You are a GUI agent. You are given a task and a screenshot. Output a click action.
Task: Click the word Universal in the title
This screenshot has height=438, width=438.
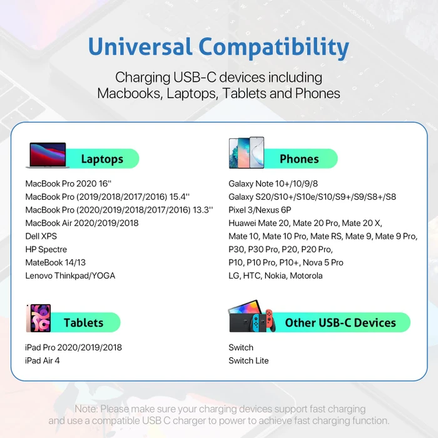[140, 46]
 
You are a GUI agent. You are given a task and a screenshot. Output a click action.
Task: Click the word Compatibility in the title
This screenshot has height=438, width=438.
[274, 48]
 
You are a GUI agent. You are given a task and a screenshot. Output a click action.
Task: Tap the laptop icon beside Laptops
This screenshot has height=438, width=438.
[48, 155]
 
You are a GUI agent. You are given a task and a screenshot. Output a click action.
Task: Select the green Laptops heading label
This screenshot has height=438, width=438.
[102, 159]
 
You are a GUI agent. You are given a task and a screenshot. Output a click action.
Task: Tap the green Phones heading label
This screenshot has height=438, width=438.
[299, 159]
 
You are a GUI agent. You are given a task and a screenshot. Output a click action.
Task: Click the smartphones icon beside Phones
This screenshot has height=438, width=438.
[247, 153]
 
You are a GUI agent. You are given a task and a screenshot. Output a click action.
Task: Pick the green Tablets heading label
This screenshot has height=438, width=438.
[83, 322]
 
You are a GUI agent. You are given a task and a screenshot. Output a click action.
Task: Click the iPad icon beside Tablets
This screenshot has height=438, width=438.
[39, 318]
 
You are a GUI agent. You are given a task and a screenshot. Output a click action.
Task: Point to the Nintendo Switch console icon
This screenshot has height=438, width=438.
[252, 316]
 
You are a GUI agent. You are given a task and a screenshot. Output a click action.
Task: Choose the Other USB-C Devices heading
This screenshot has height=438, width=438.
[340, 323]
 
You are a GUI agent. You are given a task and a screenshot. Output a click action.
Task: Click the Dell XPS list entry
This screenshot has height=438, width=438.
[41, 237]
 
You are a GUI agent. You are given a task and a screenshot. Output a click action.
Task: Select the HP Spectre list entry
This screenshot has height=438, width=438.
[46, 250]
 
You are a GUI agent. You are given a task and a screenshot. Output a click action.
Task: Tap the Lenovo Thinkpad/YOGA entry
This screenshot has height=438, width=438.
[70, 276]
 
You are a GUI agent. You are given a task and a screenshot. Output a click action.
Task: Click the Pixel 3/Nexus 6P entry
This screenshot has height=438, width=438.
[260, 210]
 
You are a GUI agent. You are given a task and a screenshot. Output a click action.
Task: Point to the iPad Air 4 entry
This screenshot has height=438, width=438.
[42, 360]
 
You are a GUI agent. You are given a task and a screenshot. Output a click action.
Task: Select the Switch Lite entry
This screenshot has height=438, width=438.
[248, 360]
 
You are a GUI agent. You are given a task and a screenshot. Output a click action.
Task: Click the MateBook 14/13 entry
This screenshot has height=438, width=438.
[55, 263]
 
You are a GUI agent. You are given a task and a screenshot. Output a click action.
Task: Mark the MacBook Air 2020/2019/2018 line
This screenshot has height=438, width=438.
[82, 223]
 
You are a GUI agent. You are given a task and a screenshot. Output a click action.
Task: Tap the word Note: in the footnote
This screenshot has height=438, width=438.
[86, 409]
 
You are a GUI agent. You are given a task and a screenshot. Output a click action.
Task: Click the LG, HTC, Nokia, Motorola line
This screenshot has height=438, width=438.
[275, 276]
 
